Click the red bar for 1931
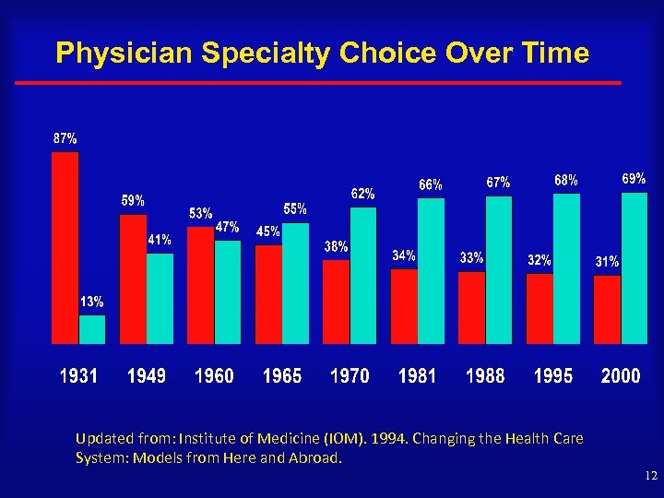[65, 247]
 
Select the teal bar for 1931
[92, 328]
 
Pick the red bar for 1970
[337, 301]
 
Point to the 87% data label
[65, 138]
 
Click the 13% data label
[91, 302]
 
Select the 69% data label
[633, 178]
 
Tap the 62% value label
[362, 194]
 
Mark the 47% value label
[227, 227]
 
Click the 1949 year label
[147, 376]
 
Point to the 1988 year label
[485, 376]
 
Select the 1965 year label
[282, 376]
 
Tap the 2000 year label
[621, 376]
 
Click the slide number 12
[651, 476]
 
